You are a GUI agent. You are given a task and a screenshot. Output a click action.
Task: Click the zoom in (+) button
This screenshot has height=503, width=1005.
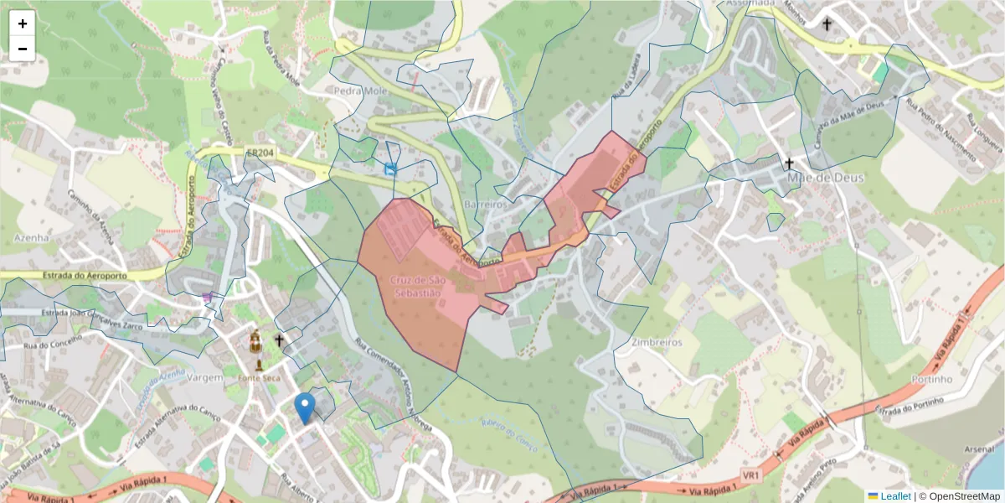coord(23,23)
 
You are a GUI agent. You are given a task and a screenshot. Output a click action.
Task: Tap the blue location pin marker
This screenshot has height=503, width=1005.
coord(305,407)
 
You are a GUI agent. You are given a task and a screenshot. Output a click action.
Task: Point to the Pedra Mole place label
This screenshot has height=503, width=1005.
coord(358,90)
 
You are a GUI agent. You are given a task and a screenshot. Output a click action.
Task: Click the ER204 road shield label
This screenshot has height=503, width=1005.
coord(260,153)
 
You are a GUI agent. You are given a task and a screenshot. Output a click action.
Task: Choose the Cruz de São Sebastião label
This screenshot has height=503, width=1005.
coord(416,285)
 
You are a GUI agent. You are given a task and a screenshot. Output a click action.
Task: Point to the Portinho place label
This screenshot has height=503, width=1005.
coord(930,379)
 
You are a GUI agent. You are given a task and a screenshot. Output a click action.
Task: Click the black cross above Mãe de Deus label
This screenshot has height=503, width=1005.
coord(788,163)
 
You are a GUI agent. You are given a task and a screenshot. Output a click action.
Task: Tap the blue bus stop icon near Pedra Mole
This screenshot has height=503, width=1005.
coord(389,169)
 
